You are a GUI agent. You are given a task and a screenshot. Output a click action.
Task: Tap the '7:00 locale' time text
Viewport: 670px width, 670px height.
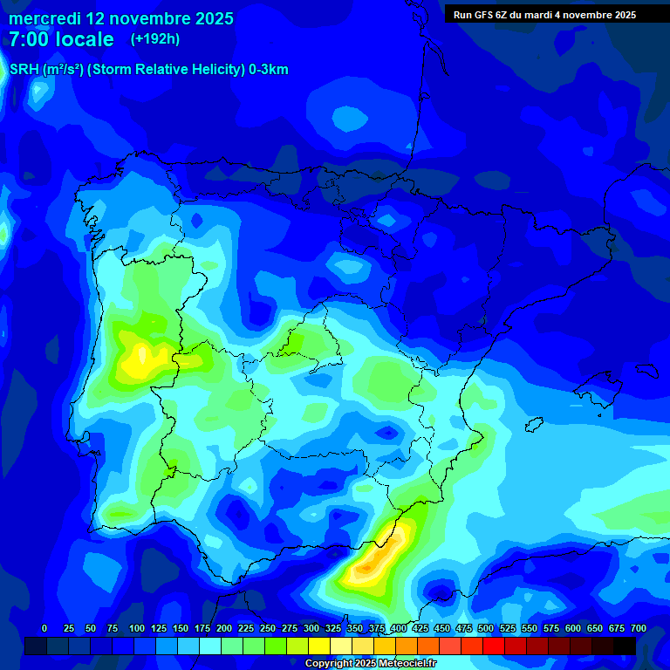coord(61,39)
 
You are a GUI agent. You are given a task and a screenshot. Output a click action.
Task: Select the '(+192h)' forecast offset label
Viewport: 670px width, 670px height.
coord(154,39)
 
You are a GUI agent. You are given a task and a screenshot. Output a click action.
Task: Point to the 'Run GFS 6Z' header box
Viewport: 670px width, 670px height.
coord(544,15)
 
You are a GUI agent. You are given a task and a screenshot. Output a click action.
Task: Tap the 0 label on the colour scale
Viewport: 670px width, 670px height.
coord(44,628)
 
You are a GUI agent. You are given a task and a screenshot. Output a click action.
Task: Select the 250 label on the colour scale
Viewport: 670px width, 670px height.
coord(268,628)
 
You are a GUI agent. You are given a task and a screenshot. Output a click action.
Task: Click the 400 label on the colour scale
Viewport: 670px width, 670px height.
coord(399,628)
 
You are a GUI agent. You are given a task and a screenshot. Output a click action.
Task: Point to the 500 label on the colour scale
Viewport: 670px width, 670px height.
coord(486,628)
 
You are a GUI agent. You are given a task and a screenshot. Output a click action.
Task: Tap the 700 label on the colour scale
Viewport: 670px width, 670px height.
coord(639,628)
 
